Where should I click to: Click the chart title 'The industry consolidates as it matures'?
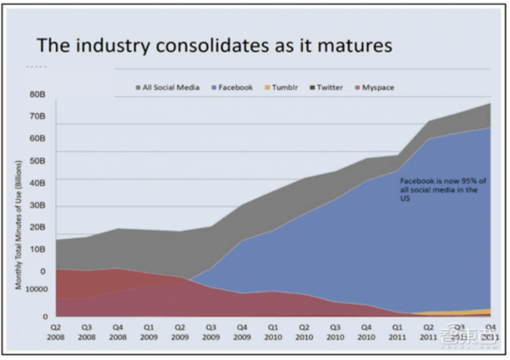(214, 45)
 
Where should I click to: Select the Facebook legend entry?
(231, 87)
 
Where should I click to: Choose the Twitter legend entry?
(326, 87)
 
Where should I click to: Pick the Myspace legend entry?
(374, 87)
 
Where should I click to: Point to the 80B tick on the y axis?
(37, 95)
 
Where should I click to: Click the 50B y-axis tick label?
(37, 161)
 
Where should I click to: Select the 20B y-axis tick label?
(37, 227)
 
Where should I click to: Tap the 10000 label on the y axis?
(36, 289)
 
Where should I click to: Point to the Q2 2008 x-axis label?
(57, 332)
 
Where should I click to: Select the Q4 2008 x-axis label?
(119, 332)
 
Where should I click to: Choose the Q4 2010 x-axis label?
(366, 332)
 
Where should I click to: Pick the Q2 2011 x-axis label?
(428, 332)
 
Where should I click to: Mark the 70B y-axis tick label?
(37, 117)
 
